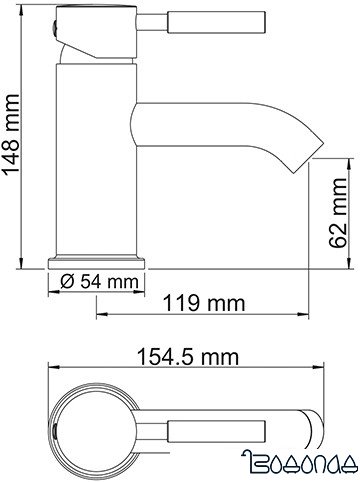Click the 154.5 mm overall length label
[186, 356]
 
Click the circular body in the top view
[90, 420]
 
